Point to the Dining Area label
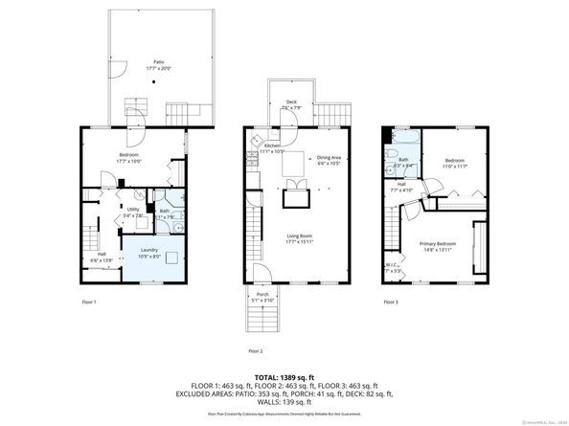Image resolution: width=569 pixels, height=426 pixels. pyautogui.click(x=330, y=157)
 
